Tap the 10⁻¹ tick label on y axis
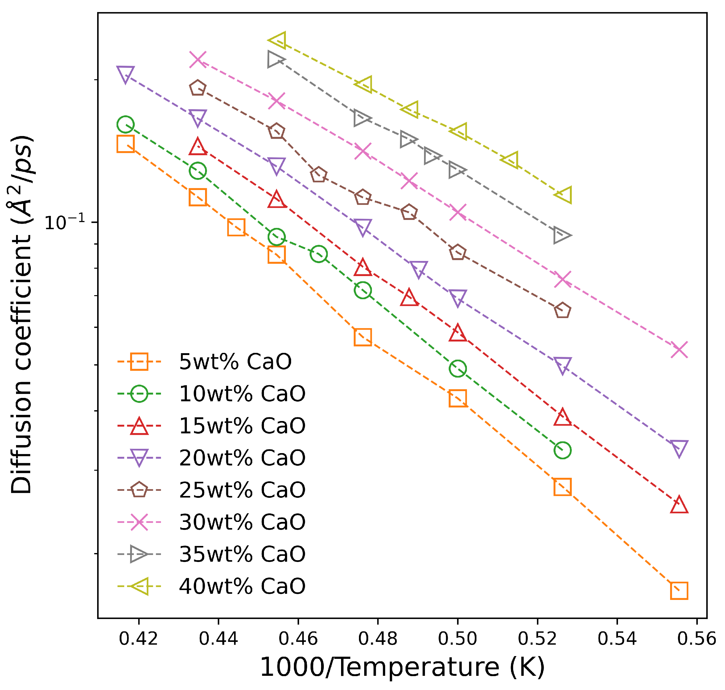coord(65,222)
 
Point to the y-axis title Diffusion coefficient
coord(21,315)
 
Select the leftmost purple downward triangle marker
coord(126,74)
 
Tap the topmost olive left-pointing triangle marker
coord(278,40)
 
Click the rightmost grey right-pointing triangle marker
coord(561,235)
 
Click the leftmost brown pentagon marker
coord(198,88)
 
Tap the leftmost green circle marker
coord(126,125)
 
